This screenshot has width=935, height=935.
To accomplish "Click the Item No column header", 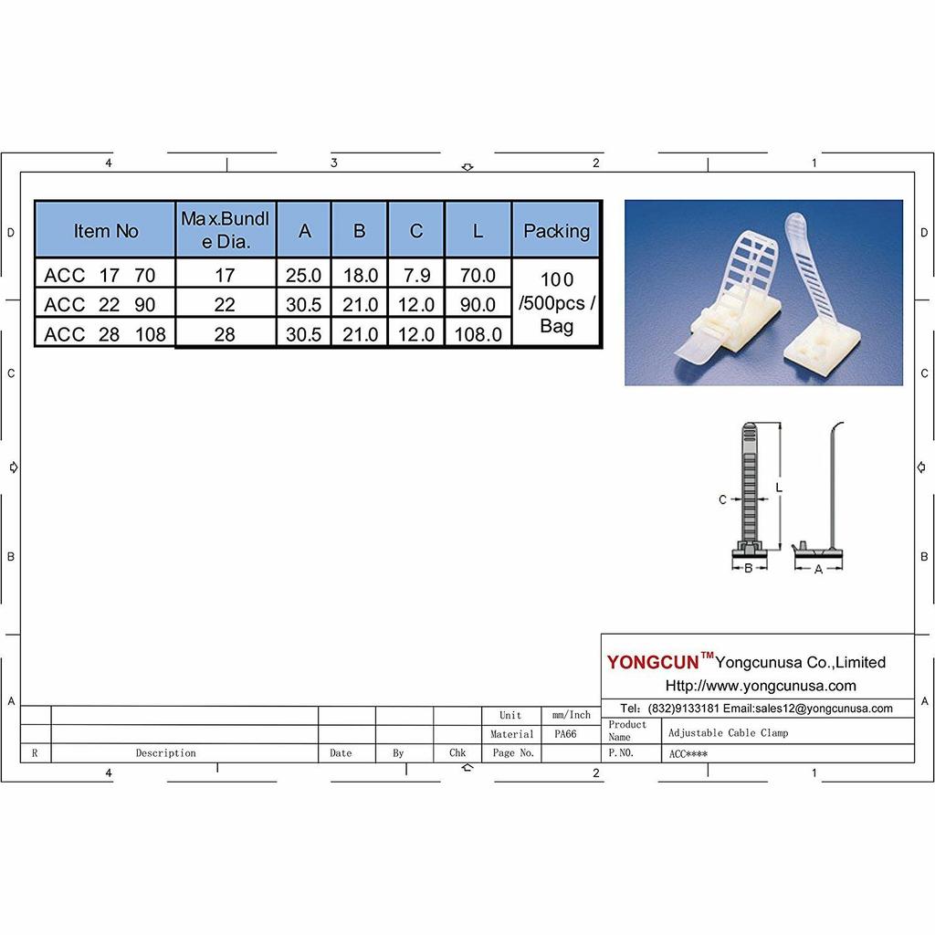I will tap(106, 231).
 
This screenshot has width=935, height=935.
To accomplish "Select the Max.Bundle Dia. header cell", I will tap(226, 230).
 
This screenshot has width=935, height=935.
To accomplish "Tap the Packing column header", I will tap(556, 231).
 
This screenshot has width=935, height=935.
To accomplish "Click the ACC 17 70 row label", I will tap(100, 274).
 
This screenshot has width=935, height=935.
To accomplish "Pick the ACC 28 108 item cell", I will tap(105, 334).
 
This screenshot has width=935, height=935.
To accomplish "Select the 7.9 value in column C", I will tap(416, 274).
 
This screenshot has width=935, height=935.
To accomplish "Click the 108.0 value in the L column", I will tap(478, 334).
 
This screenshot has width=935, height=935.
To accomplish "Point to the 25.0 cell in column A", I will tap(304, 274).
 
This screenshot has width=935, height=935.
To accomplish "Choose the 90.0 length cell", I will tap(478, 304).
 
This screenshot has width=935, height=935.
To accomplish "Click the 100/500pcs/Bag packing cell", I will tap(556, 303).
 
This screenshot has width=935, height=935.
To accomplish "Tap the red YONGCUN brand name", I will tap(653, 662).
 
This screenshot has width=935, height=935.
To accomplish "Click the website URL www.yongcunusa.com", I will tap(761, 686).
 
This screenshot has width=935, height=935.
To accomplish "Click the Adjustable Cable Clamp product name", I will tap(728, 732).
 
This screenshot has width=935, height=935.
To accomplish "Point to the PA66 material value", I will tap(565, 733).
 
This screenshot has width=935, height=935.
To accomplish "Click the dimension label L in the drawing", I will tap(779, 488).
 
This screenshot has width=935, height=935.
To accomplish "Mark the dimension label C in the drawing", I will tap(722, 499).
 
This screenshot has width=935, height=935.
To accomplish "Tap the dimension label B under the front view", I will tap(749, 569).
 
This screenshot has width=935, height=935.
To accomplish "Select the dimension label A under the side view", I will tap(818, 569).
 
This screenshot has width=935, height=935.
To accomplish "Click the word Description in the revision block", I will tap(165, 753).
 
